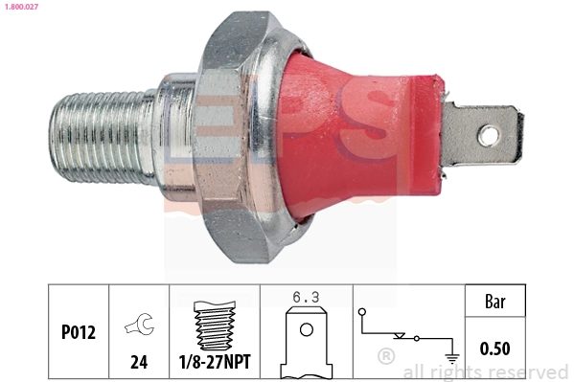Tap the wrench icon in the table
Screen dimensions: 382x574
139,327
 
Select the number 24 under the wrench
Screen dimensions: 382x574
139,363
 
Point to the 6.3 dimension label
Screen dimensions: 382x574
306,298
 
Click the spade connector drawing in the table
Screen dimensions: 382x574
306,340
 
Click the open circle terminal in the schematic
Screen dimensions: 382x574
361,312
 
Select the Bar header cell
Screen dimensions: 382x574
495,303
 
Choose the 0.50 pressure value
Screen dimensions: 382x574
495,348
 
